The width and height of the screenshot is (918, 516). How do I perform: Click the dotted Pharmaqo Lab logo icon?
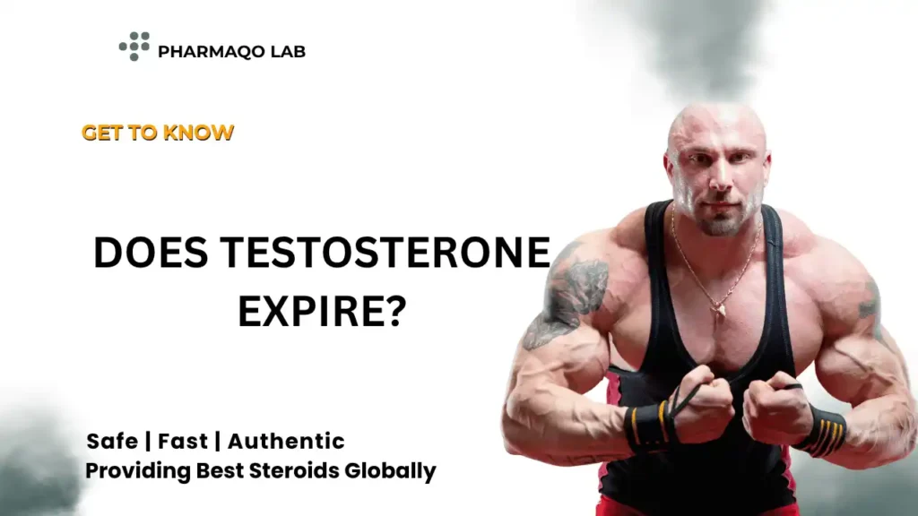click(x=134, y=46)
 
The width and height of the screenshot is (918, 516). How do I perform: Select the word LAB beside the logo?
click(x=286, y=51)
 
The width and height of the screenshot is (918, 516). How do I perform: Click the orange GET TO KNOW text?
click(x=158, y=133)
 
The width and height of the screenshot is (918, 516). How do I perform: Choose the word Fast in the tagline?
click(x=186, y=441)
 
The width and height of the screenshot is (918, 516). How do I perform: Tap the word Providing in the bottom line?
click(x=126, y=471)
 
